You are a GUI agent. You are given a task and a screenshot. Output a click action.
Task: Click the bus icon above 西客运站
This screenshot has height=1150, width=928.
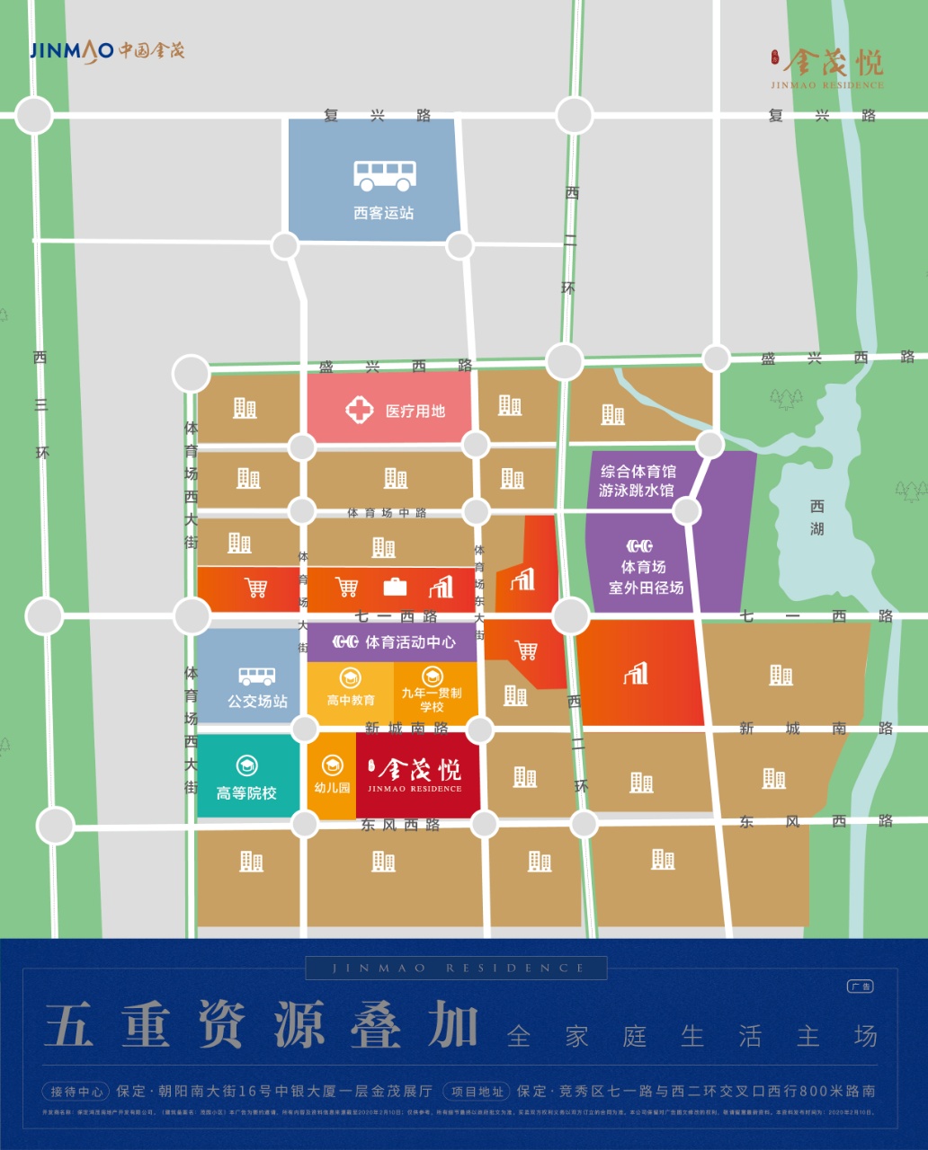pyautogui.click(x=384, y=175)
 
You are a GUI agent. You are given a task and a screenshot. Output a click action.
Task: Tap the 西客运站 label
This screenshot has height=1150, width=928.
pyautogui.click(x=384, y=213)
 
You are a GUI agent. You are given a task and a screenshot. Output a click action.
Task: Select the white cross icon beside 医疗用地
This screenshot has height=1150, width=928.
pyautogui.click(x=359, y=411)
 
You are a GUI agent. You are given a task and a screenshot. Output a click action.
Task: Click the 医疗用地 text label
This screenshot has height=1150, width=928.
pyautogui.click(x=415, y=411)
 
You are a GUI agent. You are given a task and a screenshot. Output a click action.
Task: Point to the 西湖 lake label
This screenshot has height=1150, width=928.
pyautogui.click(x=816, y=517)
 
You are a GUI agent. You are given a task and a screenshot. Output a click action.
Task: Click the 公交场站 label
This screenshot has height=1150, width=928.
pyautogui.click(x=257, y=701)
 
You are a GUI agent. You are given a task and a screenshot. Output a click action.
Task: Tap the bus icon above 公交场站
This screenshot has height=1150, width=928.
pyautogui.click(x=257, y=676)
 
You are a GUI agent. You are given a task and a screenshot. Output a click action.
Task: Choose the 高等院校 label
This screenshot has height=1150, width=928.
pyautogui.click(x=246, y=793)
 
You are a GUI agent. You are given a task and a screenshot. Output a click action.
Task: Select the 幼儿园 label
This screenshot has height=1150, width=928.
pyautogui.click(x=332, y=788)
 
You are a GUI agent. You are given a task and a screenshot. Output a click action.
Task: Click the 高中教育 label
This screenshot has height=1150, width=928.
pyautogui.click(x=351, y=700)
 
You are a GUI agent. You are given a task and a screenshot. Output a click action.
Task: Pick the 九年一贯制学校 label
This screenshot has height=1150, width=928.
pyautogui.click(x=432, y=700)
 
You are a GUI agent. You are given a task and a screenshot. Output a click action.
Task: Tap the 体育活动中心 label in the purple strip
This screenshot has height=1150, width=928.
pyautogui.click(x=410, y=642)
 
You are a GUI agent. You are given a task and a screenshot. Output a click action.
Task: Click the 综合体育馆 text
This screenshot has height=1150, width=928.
pyautogui.click(x=638, y=472)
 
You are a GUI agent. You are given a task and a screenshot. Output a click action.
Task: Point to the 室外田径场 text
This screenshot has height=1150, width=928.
pyautogui.click(x=646, y=588)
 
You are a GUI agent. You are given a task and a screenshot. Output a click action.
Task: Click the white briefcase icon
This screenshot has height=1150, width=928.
pyautogui.click(x=395, y=588)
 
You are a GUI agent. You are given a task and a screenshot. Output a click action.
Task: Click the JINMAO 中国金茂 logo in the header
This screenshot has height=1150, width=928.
pyautogui.click(x=107, y=50)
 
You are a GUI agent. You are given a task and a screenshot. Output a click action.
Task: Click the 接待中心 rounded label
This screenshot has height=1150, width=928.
pyautogui.click(x=76, y=1092)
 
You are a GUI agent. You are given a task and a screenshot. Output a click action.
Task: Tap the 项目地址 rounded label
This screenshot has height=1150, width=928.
pyautogui.click(x=477, y=1092)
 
